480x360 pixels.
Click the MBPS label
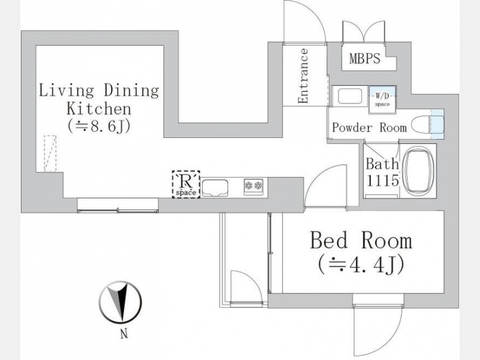(x=365, y=58)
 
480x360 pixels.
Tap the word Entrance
(x=304, y=76)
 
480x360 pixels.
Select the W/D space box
(x=383, y=100)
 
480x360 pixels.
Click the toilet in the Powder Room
(x=428, y=125)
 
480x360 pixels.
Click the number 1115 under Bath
(x=383, y=181)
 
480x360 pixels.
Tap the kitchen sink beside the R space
(x=215, y=187)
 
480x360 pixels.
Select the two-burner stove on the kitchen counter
(x=254, y=186)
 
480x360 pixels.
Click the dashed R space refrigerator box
(x=186, y=184)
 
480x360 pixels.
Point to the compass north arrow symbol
(x=121, y=302)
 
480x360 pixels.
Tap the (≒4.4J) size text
(x=361, y=265)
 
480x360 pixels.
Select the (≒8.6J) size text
(x=99, y=126)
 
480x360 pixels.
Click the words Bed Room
(x=361, y=241)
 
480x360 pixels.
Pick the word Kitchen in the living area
(x=99, y=109)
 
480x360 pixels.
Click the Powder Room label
(x=370, y=127)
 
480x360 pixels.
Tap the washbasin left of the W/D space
(x=349, y=96)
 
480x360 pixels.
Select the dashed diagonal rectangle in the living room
(x=50, y=154)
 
